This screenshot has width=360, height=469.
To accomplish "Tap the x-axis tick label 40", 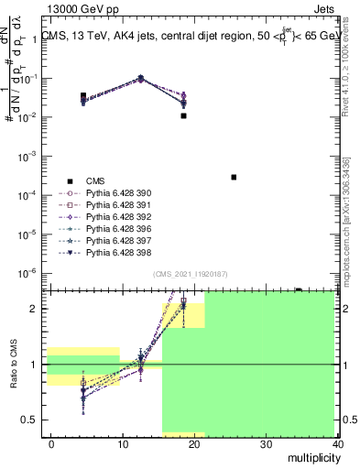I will tap(338, 443).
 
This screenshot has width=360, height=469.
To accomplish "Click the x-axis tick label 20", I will tap(194, 443).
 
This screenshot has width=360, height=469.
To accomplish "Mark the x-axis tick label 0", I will tap(51, 443).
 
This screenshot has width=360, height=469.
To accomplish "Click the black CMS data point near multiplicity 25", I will tap(234, 177).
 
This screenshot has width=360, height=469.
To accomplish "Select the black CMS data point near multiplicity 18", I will tap(184, 116).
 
